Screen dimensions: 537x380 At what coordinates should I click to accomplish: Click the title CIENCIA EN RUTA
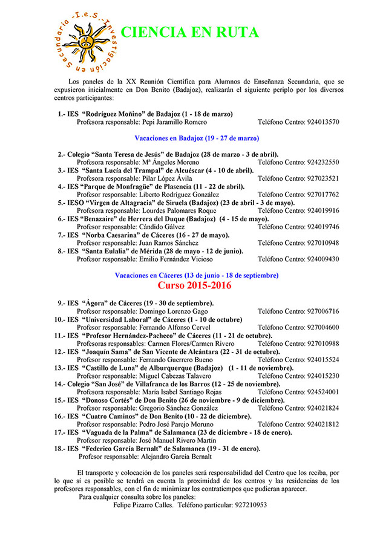click(189, 32)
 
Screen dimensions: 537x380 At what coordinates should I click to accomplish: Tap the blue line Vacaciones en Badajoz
click(197, 138)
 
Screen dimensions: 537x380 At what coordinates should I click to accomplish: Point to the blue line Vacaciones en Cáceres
click(197, 275)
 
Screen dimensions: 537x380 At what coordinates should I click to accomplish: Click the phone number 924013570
click(323, 122)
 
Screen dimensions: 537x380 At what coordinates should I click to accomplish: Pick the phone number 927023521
click(323, 178)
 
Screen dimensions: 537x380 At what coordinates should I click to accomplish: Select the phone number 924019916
click(323, 211)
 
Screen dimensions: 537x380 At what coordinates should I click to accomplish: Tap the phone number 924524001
click(323, 392)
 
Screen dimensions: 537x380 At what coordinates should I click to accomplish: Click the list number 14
click(59, 384)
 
